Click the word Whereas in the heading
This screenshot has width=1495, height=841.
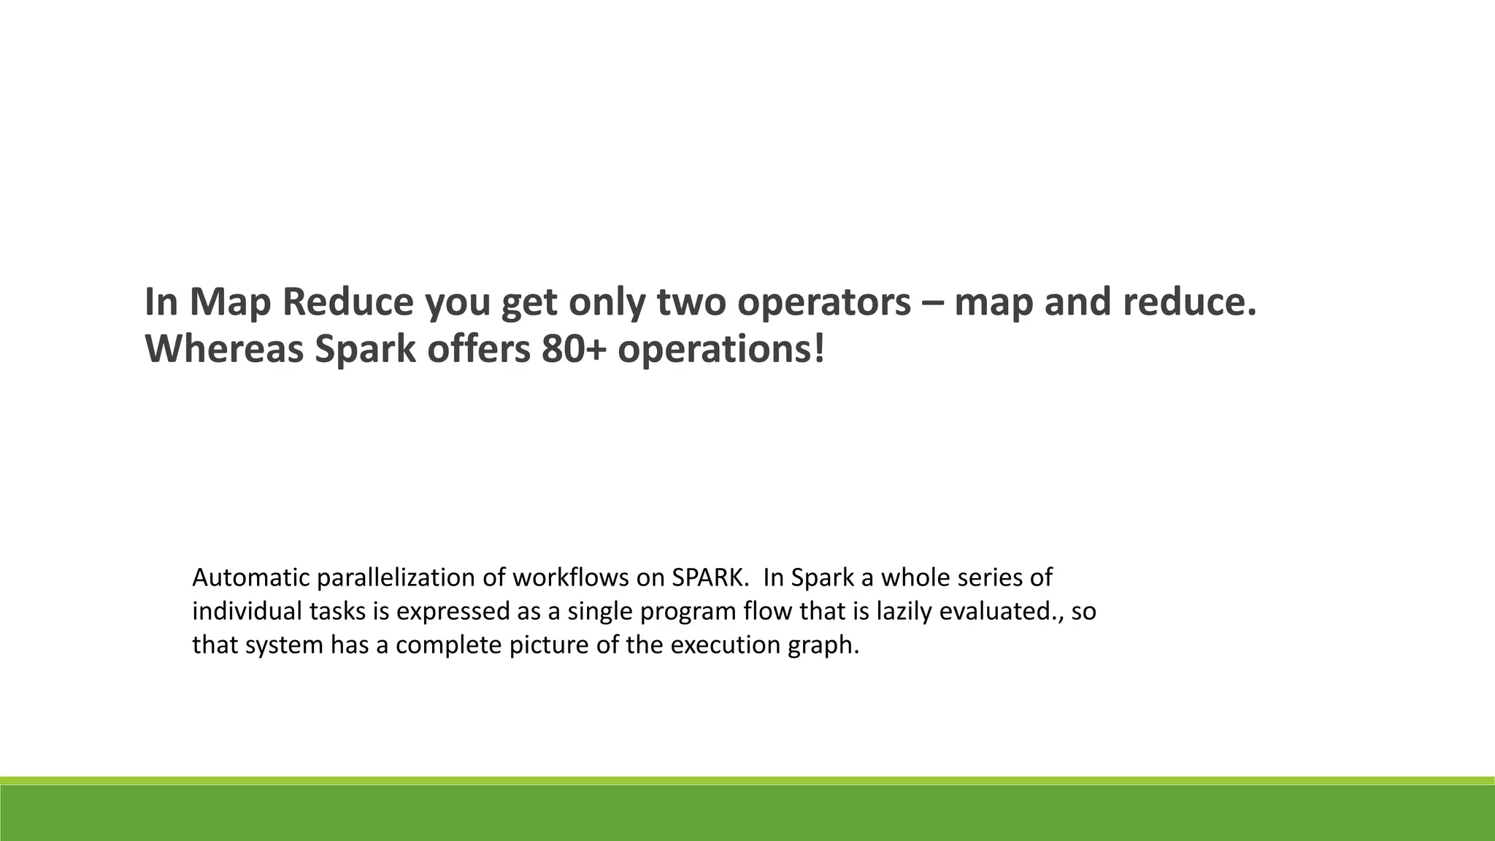point(224,349)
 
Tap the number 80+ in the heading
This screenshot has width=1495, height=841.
point(574,349)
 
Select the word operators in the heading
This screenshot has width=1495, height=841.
point(824,302)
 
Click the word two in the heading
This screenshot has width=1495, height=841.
point(690,302)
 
